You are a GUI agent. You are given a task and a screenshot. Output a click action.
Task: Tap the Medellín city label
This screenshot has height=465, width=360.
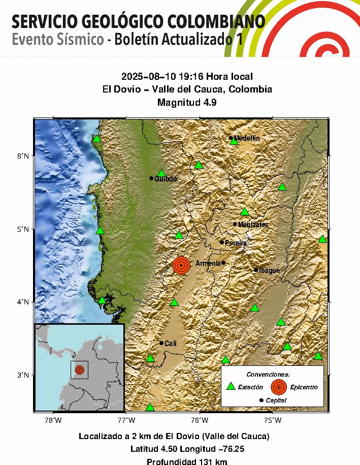point(247,138)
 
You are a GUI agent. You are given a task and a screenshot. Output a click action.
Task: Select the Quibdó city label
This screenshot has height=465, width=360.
point(166,178)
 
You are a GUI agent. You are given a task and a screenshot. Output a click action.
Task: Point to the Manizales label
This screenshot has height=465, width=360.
point(253,225)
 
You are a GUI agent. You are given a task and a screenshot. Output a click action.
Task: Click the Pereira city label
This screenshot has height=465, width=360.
point(236,243)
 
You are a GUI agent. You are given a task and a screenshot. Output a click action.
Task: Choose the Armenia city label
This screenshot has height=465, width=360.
point(208,263)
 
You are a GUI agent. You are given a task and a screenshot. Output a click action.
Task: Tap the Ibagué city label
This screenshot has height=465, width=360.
point(269,270)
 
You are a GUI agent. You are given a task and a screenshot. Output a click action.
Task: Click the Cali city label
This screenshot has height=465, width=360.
point(171,344)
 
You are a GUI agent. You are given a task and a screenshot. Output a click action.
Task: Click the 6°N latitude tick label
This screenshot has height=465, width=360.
point(23,156)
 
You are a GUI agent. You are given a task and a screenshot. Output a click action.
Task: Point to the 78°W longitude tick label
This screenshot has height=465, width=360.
point(53,420)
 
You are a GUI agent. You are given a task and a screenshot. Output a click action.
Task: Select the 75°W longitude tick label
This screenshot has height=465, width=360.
point(273,420)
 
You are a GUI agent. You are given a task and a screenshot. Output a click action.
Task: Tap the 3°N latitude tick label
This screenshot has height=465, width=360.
point(23,375)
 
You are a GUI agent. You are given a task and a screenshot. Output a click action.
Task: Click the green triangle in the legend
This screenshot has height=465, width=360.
point(231,386)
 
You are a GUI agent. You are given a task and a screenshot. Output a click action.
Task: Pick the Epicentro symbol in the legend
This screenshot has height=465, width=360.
point(278,387)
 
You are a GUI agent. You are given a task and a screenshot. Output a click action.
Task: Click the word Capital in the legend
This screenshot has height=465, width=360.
point(276,400)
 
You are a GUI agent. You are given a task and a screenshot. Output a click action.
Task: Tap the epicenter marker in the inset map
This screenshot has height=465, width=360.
point(79,369)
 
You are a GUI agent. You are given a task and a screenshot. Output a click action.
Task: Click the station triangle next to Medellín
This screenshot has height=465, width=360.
point(234,141)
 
